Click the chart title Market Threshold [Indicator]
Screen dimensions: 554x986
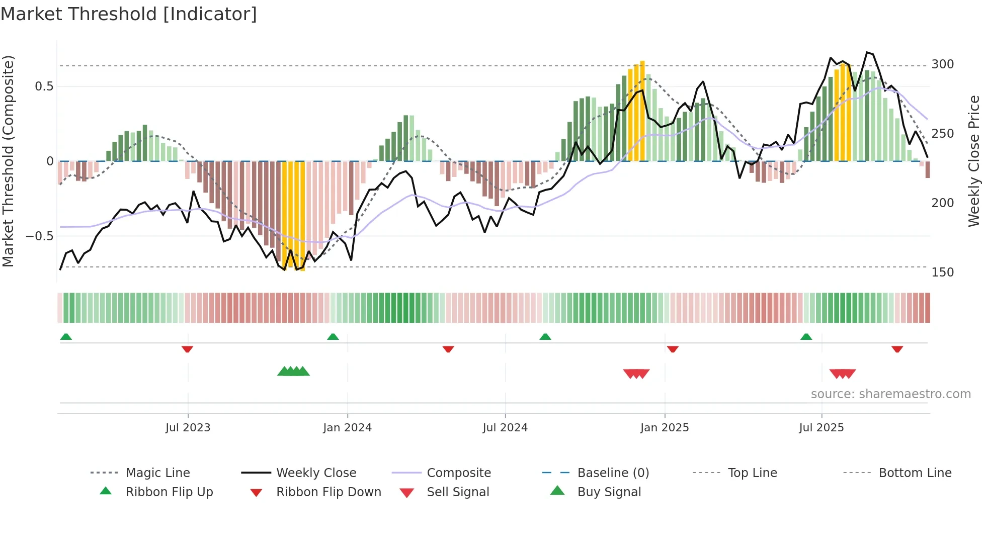129,14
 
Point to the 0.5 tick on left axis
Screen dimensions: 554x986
44,86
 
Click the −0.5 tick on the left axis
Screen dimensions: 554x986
39,236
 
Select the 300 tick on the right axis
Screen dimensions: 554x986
942,64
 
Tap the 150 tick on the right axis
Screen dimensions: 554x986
942,272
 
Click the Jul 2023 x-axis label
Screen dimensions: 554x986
188,428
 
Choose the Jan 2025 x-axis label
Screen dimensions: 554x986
664,428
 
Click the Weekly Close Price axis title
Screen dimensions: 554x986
974,161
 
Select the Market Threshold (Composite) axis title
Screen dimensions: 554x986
8,161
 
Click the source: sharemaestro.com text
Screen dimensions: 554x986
890,394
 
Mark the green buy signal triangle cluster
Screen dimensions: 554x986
293,372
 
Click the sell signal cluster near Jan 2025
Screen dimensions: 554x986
636,374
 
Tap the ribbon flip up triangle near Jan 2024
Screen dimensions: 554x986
333,337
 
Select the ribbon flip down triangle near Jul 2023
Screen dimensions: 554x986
187,349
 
